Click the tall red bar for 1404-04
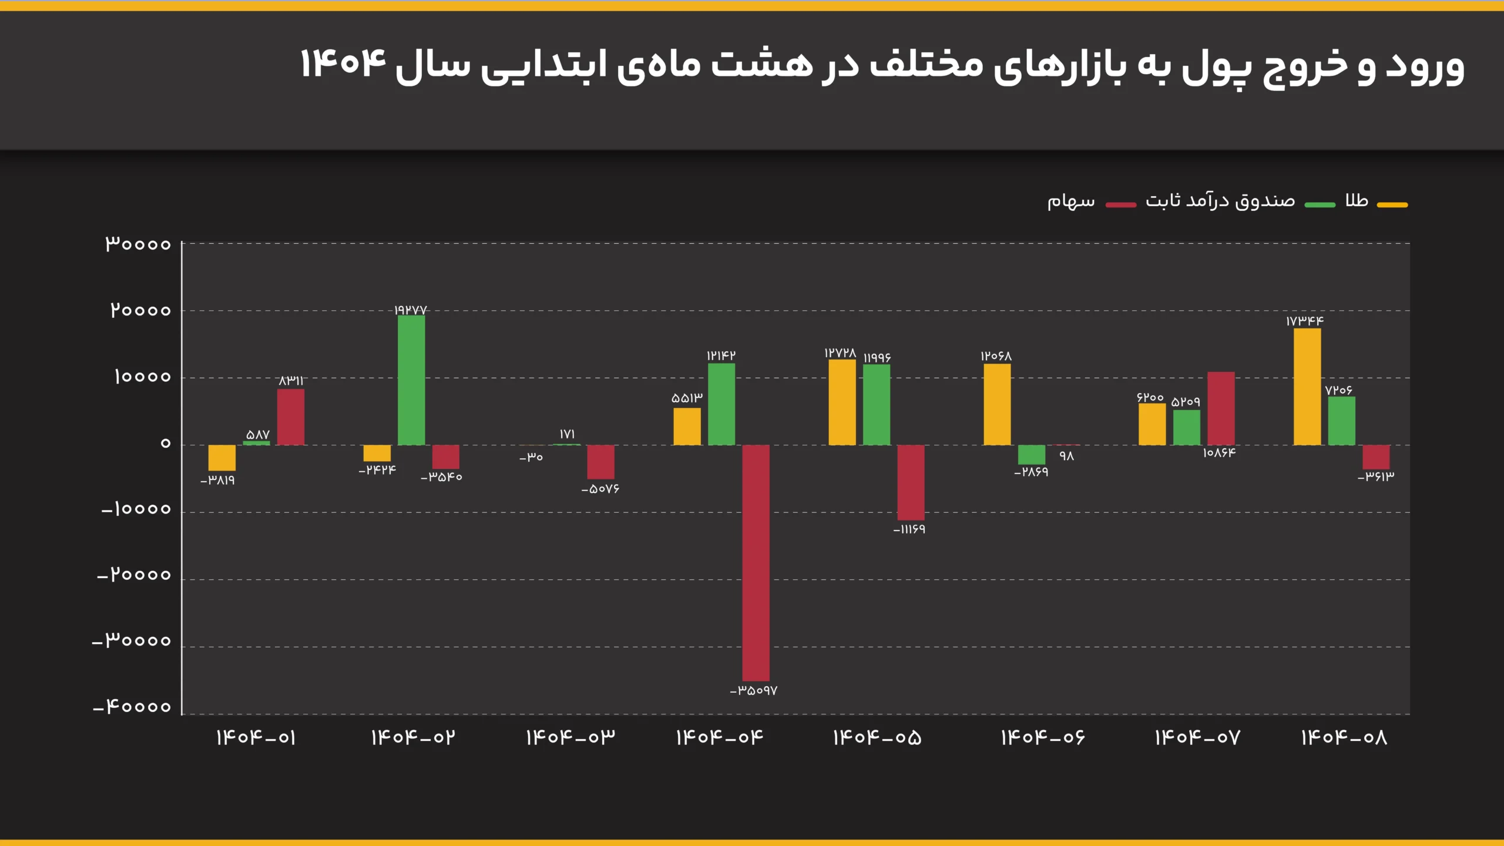pyautogui.click(x=756, y=562)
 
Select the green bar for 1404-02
pyautogui.click(x=411, y=380)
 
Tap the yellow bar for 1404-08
pyautogui.click(x=1307, y=387)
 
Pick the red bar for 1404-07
pyautogui.click(x=1221, y=408)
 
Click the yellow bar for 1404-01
pyautogui.click(x=222, y=458)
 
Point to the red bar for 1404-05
pyautogui.click(x=911, y=482)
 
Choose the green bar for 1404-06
pyautogui.click(x=1032, y=455)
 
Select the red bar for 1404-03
pyautogui.click(x=600, y=462)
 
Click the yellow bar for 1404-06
pyautogui.click(x=997, y=404)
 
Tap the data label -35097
pyautogui.click(x=754, y=691)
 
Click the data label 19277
pyautogui.click(x=411, y=310)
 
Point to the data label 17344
pyautogui.click(x=1305, y=321)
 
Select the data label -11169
pyautogui.click(x=909, y=529)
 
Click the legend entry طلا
pyautogui.click(x=1357, y=201)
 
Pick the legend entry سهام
pyautogui.click(x=1071, y=202)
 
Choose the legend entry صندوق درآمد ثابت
pyautogui.click(x=1220, y=201)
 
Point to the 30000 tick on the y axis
pyautogui.click(x=138, y=244)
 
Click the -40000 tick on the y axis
pyautogui.click(x=132, y=706)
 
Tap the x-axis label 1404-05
pyautogui.click(x=877, y=738)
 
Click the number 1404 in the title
pyautogui.click(x=343, y=63)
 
